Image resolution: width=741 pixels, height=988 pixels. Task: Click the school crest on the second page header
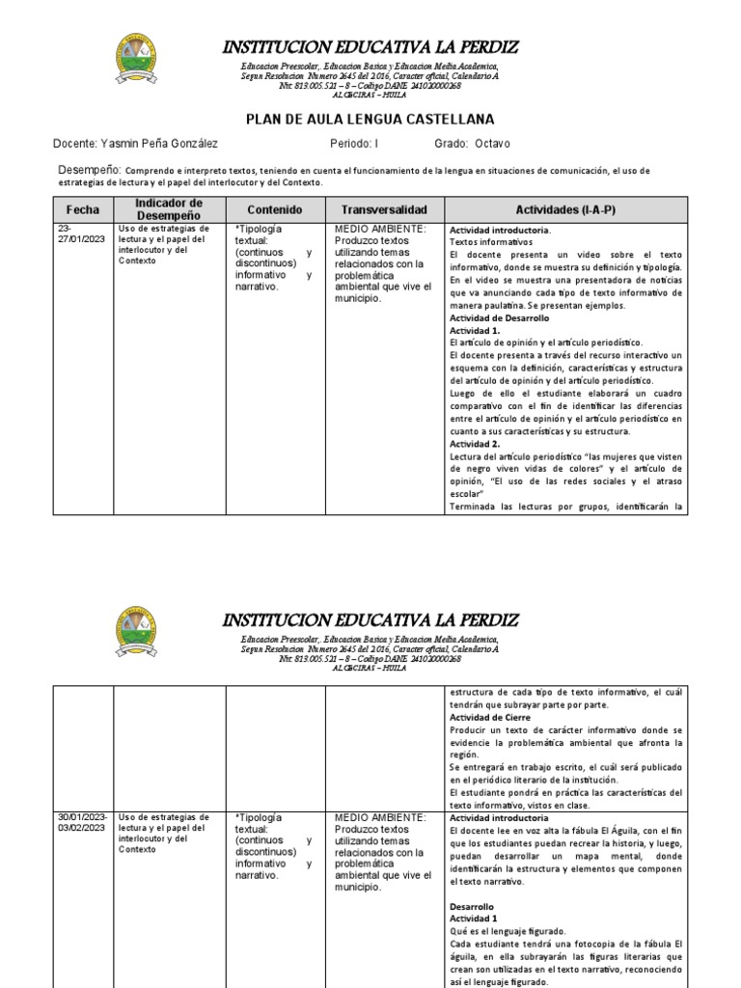click(142, 633)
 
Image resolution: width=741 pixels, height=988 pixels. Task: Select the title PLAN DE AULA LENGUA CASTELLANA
click(370, 119)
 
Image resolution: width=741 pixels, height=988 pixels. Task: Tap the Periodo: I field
click(354, 144)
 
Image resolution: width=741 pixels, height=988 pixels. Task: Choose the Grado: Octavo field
click(473, 144)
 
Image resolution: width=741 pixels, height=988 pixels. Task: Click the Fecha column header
click(82, 209)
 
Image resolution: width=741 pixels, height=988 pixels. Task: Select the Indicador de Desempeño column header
click(169, 209)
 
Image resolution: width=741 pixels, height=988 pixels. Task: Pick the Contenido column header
click(274, 209)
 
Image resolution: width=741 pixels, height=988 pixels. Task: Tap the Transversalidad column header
click(383, 209)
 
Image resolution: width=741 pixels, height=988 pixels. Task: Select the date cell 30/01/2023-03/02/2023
click(82, 822)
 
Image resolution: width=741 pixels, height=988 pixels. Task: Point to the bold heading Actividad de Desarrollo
click(499, 317)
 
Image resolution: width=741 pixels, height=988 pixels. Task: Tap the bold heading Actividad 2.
click(472, 443)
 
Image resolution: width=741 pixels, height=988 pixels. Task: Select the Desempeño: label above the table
click(86, 170)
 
